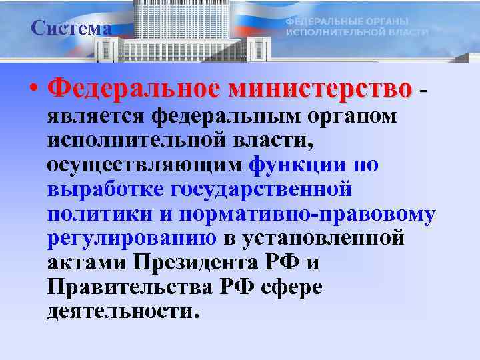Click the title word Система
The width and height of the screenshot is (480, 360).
[71, 28]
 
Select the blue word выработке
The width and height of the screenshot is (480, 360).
[106, 189]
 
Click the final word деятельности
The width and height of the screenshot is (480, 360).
[122, 312]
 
